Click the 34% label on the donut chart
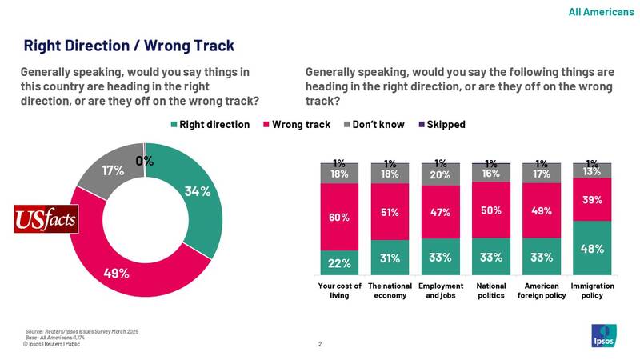[x=198, y=191]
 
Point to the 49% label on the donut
[x=117, y=273]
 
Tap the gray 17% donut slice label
[x=113, y=170]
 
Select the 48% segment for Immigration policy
[x=592, y=248]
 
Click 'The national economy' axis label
[x=390, y=290]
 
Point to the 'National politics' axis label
[x=491, y=290]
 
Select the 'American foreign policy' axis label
[x=542, y=290]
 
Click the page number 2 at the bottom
[x=320, y=345]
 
